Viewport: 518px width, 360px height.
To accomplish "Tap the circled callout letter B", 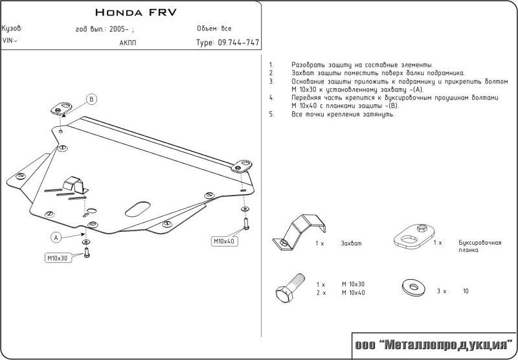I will coord(92,99).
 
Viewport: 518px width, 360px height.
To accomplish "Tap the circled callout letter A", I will coord(56,237).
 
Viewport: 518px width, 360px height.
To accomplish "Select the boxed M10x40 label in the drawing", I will coord(225,242).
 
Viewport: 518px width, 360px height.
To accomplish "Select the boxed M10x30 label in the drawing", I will coord(57,258).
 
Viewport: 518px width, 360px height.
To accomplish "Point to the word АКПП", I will coord(128,43).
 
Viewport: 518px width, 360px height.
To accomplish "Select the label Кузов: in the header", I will coord(13,29).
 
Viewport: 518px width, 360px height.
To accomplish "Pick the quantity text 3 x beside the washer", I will coord(442,292).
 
